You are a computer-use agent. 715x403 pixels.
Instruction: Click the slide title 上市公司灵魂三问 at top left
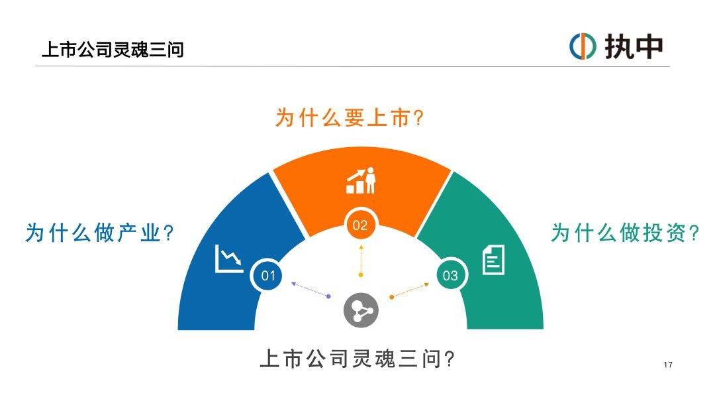pos(113,50)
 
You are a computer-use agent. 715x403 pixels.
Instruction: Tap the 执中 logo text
pos(634,47)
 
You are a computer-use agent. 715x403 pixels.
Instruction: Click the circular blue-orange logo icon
pos(583,46)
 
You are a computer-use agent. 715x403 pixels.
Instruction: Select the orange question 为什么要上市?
pos(350,118)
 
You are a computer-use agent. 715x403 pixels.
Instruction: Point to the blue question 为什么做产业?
pos(99,233)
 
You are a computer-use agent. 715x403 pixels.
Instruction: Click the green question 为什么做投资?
pos(624,233)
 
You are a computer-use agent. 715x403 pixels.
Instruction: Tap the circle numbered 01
pos(268,275)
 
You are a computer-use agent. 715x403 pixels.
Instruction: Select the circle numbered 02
pos(360,225)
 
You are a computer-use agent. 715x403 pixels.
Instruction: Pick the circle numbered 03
pos(451,275)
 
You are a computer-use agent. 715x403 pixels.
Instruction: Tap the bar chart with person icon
pos(361,180)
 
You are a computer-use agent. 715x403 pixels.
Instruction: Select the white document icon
pos(493,260)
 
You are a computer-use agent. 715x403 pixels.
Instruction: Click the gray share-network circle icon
pos(361,310)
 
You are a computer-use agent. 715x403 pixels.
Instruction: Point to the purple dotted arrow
pos(310,290)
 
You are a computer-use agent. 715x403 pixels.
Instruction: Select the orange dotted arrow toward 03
pos(410,291)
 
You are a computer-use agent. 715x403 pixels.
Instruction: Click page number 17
pos(668,365)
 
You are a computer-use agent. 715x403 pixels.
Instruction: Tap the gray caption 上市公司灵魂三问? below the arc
pos(358,359)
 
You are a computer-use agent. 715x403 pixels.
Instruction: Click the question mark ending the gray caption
pos(449,359)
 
